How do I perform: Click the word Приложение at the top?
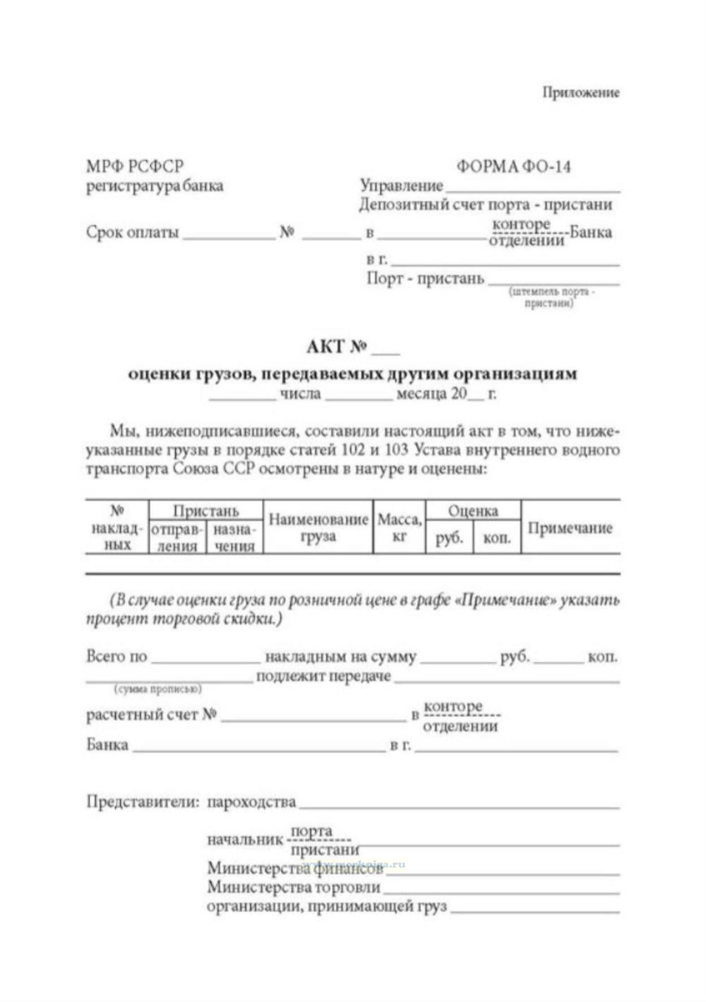tap(581, 93)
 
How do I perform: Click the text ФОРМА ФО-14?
tap(513, 167)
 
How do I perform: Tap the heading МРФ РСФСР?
tap(134, 167)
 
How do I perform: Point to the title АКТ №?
tap(337, 346)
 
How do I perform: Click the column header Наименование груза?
tap(318, 527)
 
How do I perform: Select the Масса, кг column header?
tap(399, 527)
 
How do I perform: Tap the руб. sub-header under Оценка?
tap(449, 537)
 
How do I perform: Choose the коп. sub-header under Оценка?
tap(497, 537)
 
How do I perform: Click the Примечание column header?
tap(570, 528)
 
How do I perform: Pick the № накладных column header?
tap(117, 528)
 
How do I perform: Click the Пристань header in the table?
tap(206, 511)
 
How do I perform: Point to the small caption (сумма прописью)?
tap(158, 689)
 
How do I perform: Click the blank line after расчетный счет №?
tap(313, 720)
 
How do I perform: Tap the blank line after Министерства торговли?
tap(501, 894)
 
